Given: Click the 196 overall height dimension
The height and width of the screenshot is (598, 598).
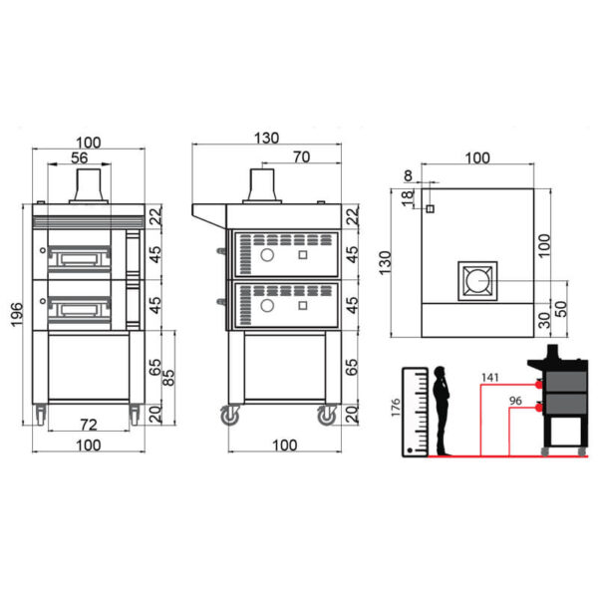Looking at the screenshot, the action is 17,314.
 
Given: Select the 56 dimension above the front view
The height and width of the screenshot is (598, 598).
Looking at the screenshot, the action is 80,157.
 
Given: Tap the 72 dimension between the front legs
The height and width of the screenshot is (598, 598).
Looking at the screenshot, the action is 89,425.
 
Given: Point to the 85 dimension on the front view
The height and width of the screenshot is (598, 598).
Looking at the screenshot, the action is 168,378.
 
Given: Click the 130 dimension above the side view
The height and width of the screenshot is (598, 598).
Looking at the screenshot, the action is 266,138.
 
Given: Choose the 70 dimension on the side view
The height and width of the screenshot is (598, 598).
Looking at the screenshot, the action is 302,156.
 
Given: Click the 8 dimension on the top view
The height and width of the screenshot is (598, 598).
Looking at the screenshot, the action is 408,175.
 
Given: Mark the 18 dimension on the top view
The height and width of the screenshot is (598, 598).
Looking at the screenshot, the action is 408,198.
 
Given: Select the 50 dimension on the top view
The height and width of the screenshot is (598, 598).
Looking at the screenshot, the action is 560,309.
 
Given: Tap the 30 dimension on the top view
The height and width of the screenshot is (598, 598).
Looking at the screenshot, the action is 545,320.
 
